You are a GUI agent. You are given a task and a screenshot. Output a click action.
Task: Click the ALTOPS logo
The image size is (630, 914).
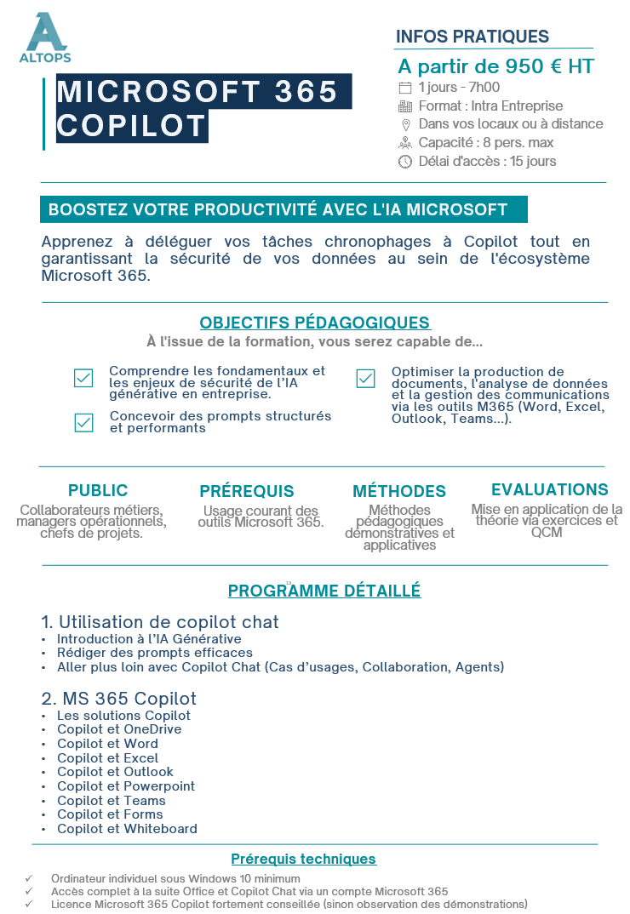click(45, 37)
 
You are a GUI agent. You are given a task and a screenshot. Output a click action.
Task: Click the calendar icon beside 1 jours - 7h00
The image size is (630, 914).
click(405, 87)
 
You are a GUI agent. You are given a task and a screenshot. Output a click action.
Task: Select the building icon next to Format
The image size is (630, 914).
click(405, 106)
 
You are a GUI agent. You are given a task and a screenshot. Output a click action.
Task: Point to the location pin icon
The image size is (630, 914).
click(405, 124)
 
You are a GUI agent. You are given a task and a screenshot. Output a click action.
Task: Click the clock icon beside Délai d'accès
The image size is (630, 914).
click(405, 162)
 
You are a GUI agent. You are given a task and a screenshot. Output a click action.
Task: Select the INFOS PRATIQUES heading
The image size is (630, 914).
click(472, 37)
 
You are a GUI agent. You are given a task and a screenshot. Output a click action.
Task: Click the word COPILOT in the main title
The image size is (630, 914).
click(132, 126)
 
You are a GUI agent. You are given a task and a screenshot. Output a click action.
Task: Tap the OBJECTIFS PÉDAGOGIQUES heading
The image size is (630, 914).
click(315, 323)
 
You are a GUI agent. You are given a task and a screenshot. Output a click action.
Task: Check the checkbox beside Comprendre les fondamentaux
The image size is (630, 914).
click(83, 379)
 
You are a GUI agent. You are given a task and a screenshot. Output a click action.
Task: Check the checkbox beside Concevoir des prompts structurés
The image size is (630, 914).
click(83, 422)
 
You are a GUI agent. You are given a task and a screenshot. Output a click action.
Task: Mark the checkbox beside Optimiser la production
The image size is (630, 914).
click(365, 379)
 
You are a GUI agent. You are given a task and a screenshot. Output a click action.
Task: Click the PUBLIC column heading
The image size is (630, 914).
click(98, 490)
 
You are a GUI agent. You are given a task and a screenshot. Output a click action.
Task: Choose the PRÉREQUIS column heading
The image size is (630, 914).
click(247, 491)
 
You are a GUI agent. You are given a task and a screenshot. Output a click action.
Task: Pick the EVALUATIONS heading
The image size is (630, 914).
click(549, 489)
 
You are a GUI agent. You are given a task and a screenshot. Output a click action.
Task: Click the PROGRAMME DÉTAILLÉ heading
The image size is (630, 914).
click(324, 591)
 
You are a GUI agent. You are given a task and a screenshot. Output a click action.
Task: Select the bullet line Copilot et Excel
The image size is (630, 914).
click(107, 757)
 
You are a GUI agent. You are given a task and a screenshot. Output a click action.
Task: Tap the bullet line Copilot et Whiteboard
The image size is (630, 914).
click(127, 828)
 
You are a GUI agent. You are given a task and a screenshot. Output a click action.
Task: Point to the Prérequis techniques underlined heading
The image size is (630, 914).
click(304, 859)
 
